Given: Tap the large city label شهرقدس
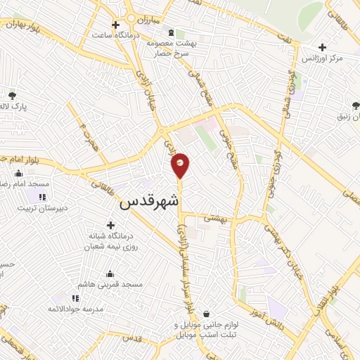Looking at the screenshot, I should (150, 202).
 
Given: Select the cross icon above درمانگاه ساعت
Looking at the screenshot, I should (125, 25).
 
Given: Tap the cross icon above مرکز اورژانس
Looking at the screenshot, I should (322, 48).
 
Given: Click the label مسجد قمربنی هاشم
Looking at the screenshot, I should (112, 284).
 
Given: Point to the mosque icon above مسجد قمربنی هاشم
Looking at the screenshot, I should (111, 274).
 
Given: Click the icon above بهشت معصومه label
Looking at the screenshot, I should (172, 32).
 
